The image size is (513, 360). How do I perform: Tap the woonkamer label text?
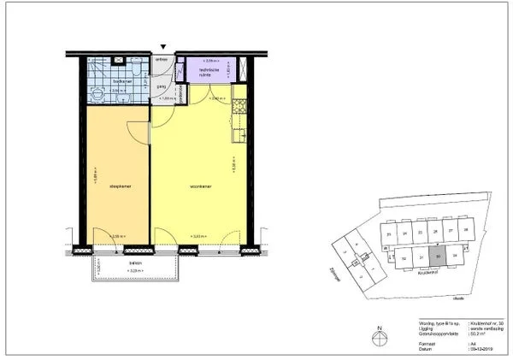click(200, 186)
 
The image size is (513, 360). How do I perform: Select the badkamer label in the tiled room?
click(121, 82)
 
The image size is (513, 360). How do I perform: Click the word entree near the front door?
click(161, 60)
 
